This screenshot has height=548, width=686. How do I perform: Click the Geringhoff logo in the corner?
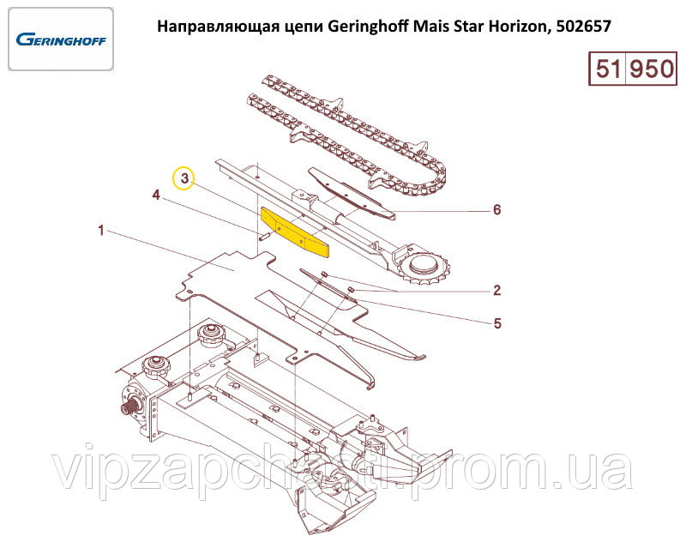61,39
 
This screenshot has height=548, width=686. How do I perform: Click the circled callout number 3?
184,178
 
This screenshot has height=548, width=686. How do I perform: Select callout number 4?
156,195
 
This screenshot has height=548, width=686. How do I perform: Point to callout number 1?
101,230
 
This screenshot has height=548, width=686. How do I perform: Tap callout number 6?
497,209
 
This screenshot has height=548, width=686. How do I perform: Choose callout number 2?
497,290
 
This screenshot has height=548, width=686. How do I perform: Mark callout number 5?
497,323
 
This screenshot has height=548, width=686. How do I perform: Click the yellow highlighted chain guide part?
295,232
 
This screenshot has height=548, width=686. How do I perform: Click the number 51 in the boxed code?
608,69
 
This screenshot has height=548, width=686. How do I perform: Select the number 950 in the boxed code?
651,69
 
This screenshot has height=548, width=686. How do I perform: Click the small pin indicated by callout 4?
265,237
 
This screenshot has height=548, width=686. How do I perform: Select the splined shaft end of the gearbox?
127,410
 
